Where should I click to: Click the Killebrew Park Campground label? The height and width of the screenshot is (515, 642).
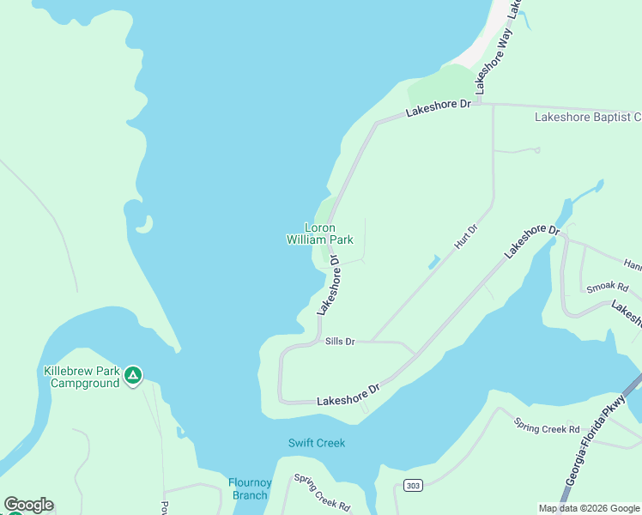tap(81, 377)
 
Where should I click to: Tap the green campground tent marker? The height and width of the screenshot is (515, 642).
tap(132, 375)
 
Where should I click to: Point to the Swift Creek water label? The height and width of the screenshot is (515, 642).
tap(316, 443)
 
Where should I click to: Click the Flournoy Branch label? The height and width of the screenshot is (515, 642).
tap(250, 488)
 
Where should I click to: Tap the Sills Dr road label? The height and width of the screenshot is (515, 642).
tap(340, 342)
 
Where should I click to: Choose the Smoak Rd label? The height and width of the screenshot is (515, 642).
tap(607, 287)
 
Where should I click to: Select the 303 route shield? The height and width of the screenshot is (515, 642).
tap(414, 486)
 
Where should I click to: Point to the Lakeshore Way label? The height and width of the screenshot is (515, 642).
tap(494, 60)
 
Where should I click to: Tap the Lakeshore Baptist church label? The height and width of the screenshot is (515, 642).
tap(587, 117)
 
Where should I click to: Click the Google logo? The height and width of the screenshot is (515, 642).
tap(27, 505)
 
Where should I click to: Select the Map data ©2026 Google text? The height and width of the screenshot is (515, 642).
tap(589, 508)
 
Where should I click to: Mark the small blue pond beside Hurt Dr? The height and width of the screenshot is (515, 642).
tap(434, 261)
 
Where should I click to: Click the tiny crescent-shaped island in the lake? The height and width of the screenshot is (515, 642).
tap(145, 225)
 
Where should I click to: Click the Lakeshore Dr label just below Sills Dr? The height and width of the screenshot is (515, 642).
tap(348, 395)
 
